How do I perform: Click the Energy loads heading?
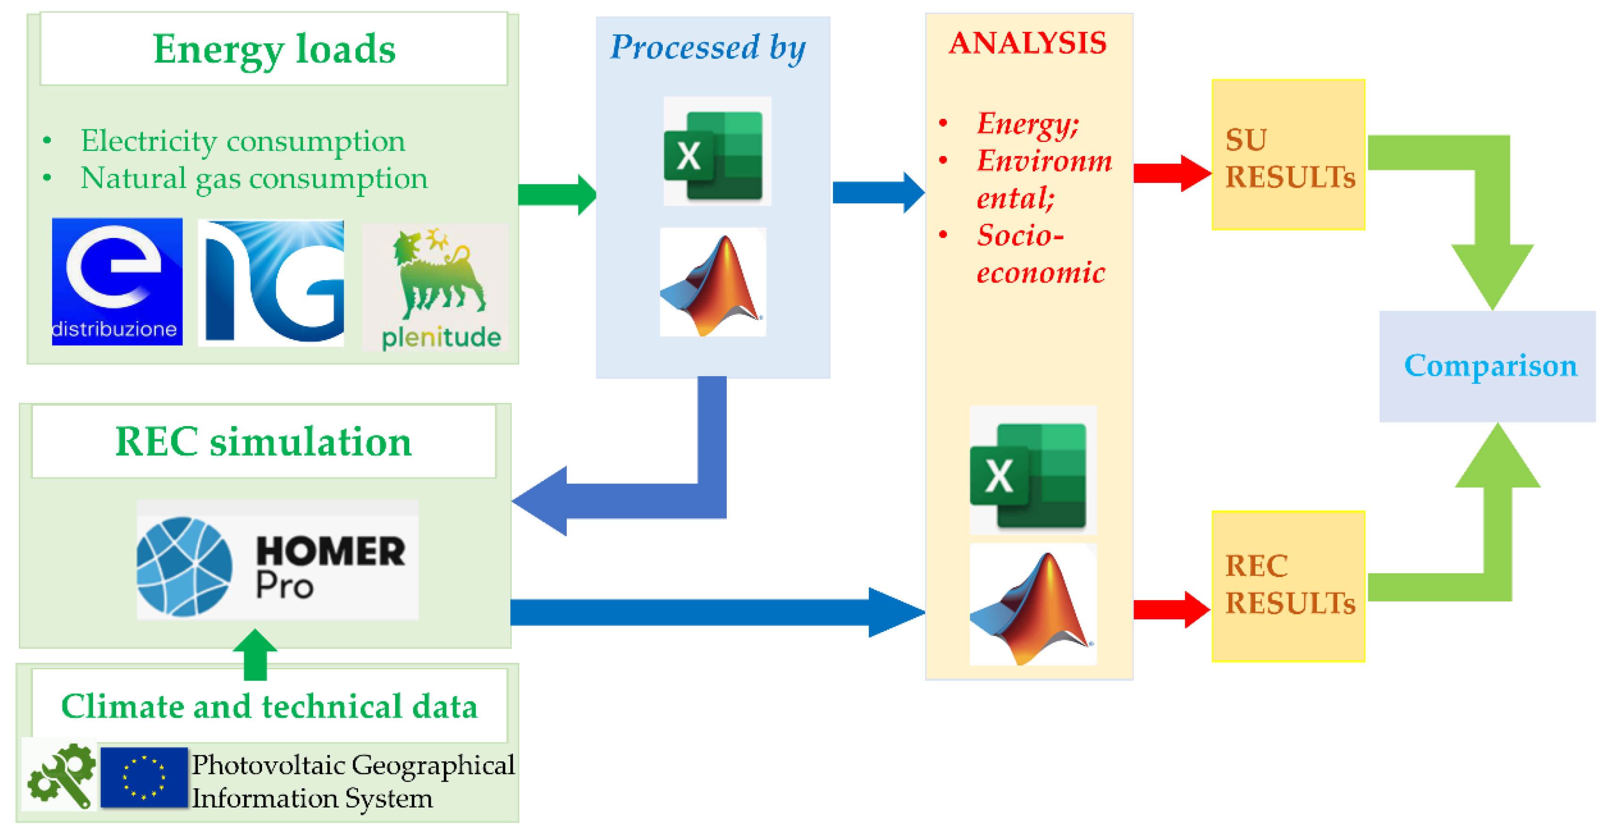pos(274,49)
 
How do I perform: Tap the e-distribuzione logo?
pos(117,281)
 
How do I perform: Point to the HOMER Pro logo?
pos(277,560)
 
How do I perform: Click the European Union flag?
pos(144,777)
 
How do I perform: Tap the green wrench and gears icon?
pos(61,775)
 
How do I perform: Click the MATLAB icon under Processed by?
pos(713,282)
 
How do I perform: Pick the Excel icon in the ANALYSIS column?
pos(1032,470)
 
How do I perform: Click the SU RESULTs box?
pos(1288,155)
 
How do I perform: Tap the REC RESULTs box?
pos(1288,586)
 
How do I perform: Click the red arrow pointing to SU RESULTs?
pos(1171,173)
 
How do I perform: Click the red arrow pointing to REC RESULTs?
pos(1171,609)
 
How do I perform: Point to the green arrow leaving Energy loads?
pos(556,194)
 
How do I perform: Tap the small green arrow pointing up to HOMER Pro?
pos(255,655)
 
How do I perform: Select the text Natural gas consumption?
pos(254,179)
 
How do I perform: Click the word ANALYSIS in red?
pos(1028,43)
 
